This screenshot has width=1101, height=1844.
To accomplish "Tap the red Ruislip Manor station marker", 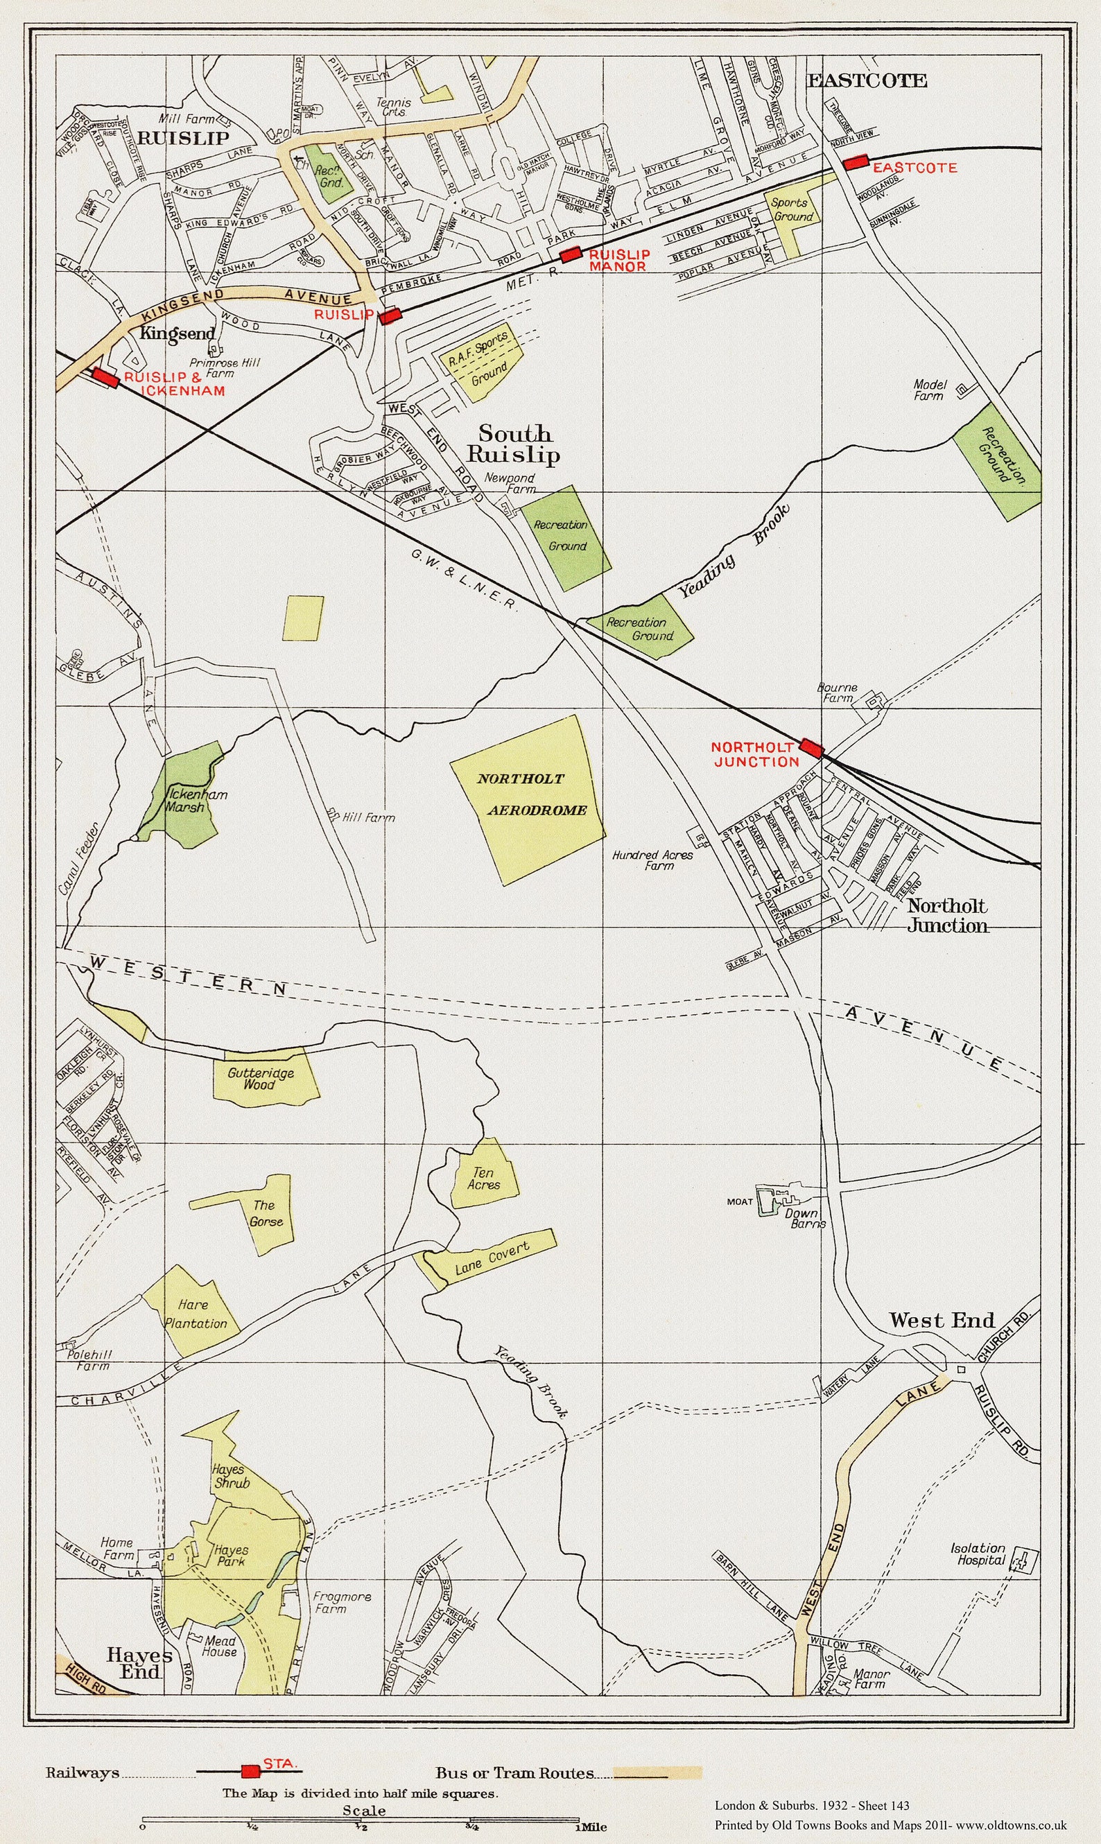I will (x=570, y=255).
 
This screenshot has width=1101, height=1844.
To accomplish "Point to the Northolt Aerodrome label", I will (x=531, y=794).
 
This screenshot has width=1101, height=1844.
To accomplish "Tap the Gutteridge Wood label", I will (x=260, y=1079).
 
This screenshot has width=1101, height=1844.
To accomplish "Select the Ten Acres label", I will (x=483, y=1178).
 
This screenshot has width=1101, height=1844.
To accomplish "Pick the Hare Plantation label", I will (x=195, y=1314).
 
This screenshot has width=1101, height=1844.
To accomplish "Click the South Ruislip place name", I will (x=513, y=444).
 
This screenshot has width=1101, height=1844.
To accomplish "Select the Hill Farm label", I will (x=368, y=817).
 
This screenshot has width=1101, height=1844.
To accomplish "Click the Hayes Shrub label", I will (x=231, y=1476).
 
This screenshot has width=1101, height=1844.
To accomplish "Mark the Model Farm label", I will (x=929, y=390).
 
